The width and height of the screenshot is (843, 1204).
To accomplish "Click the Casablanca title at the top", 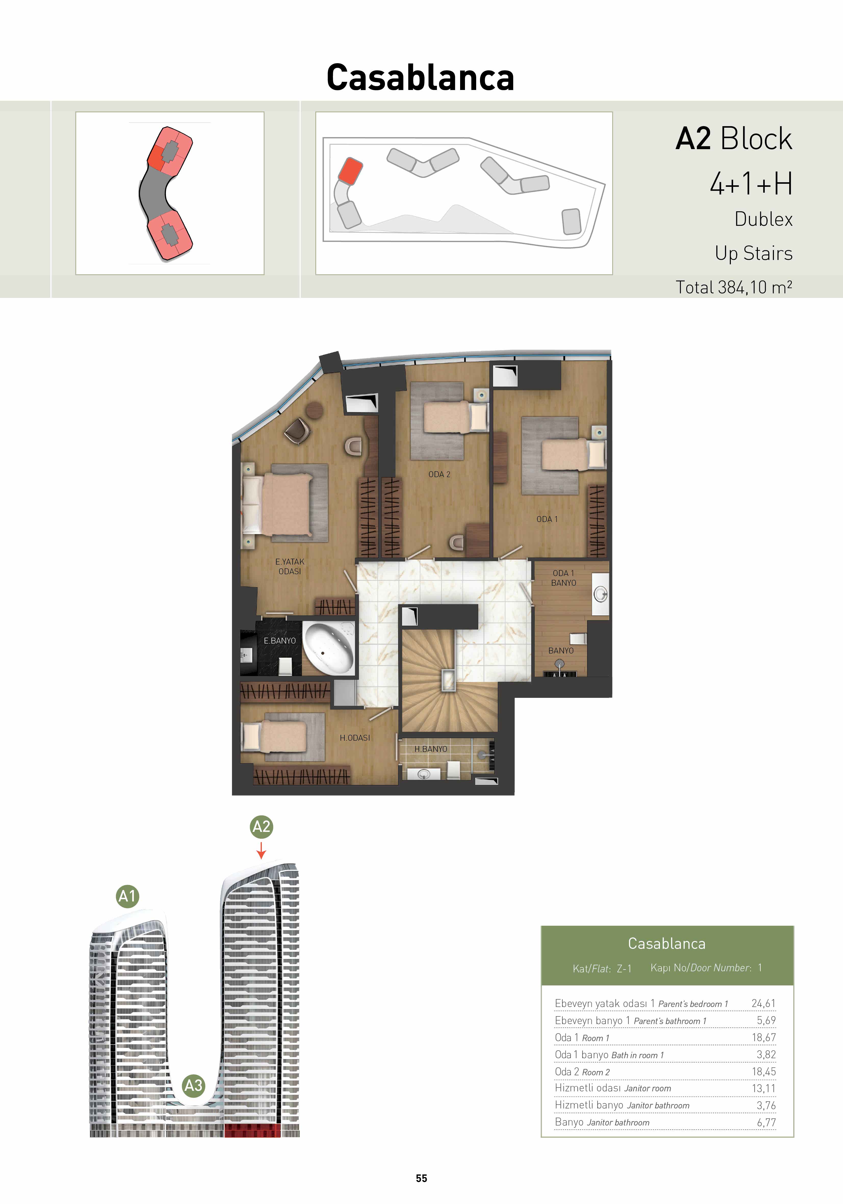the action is coord(420,78).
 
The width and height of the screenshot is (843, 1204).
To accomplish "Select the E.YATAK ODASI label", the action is coord(290,566).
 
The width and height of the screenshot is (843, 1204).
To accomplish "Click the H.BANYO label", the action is coord(431,749).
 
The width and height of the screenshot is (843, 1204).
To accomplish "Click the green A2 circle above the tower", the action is coord(261,827).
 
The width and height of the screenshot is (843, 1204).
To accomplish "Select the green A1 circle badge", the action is coord(127,896).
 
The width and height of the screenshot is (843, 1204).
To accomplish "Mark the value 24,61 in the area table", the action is coord(763,1003).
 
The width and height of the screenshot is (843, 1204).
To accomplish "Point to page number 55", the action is coord(421,1178).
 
